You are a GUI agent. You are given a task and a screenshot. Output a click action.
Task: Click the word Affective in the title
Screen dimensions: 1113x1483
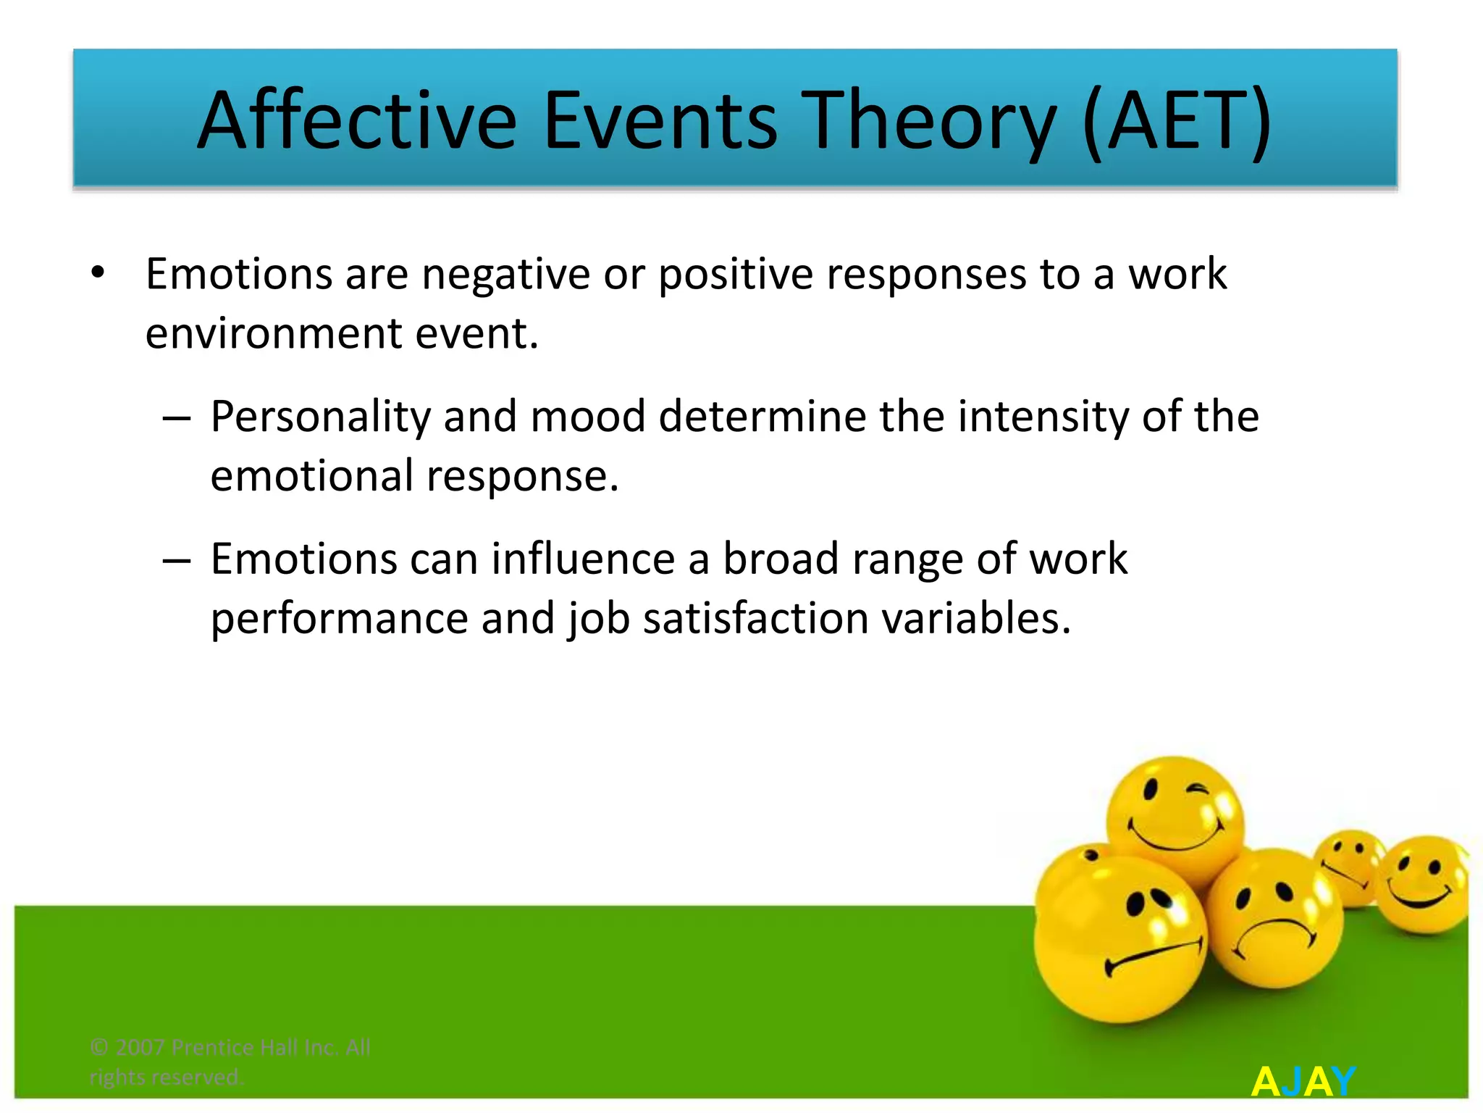pyautogui.click(x=357, y=121)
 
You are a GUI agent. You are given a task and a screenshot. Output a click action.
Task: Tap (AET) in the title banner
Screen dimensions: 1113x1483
pyautogui.click(x=1177, y=121)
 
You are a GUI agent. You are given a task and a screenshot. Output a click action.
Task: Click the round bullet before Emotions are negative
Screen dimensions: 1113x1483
pyautogui.click(x=98, y=275)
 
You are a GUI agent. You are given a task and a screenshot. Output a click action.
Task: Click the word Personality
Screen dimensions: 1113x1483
pyautogui.click(x=320, y=417)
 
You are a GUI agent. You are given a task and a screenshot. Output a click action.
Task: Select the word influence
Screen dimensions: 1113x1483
pyautogui.click(x=583, y=559)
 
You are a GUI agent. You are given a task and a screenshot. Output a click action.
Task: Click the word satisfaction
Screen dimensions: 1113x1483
pyautogui.click(x=755, y=619)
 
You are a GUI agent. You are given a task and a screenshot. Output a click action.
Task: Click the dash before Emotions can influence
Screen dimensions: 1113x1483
pyautogui.click(x=176, y=561)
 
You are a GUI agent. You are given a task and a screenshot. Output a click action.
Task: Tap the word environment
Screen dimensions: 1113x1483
pyautogui.click(x=274, y=334)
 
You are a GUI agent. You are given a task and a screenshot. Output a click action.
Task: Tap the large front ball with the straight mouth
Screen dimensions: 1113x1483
pyautogui.click(x=1119, y=942)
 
